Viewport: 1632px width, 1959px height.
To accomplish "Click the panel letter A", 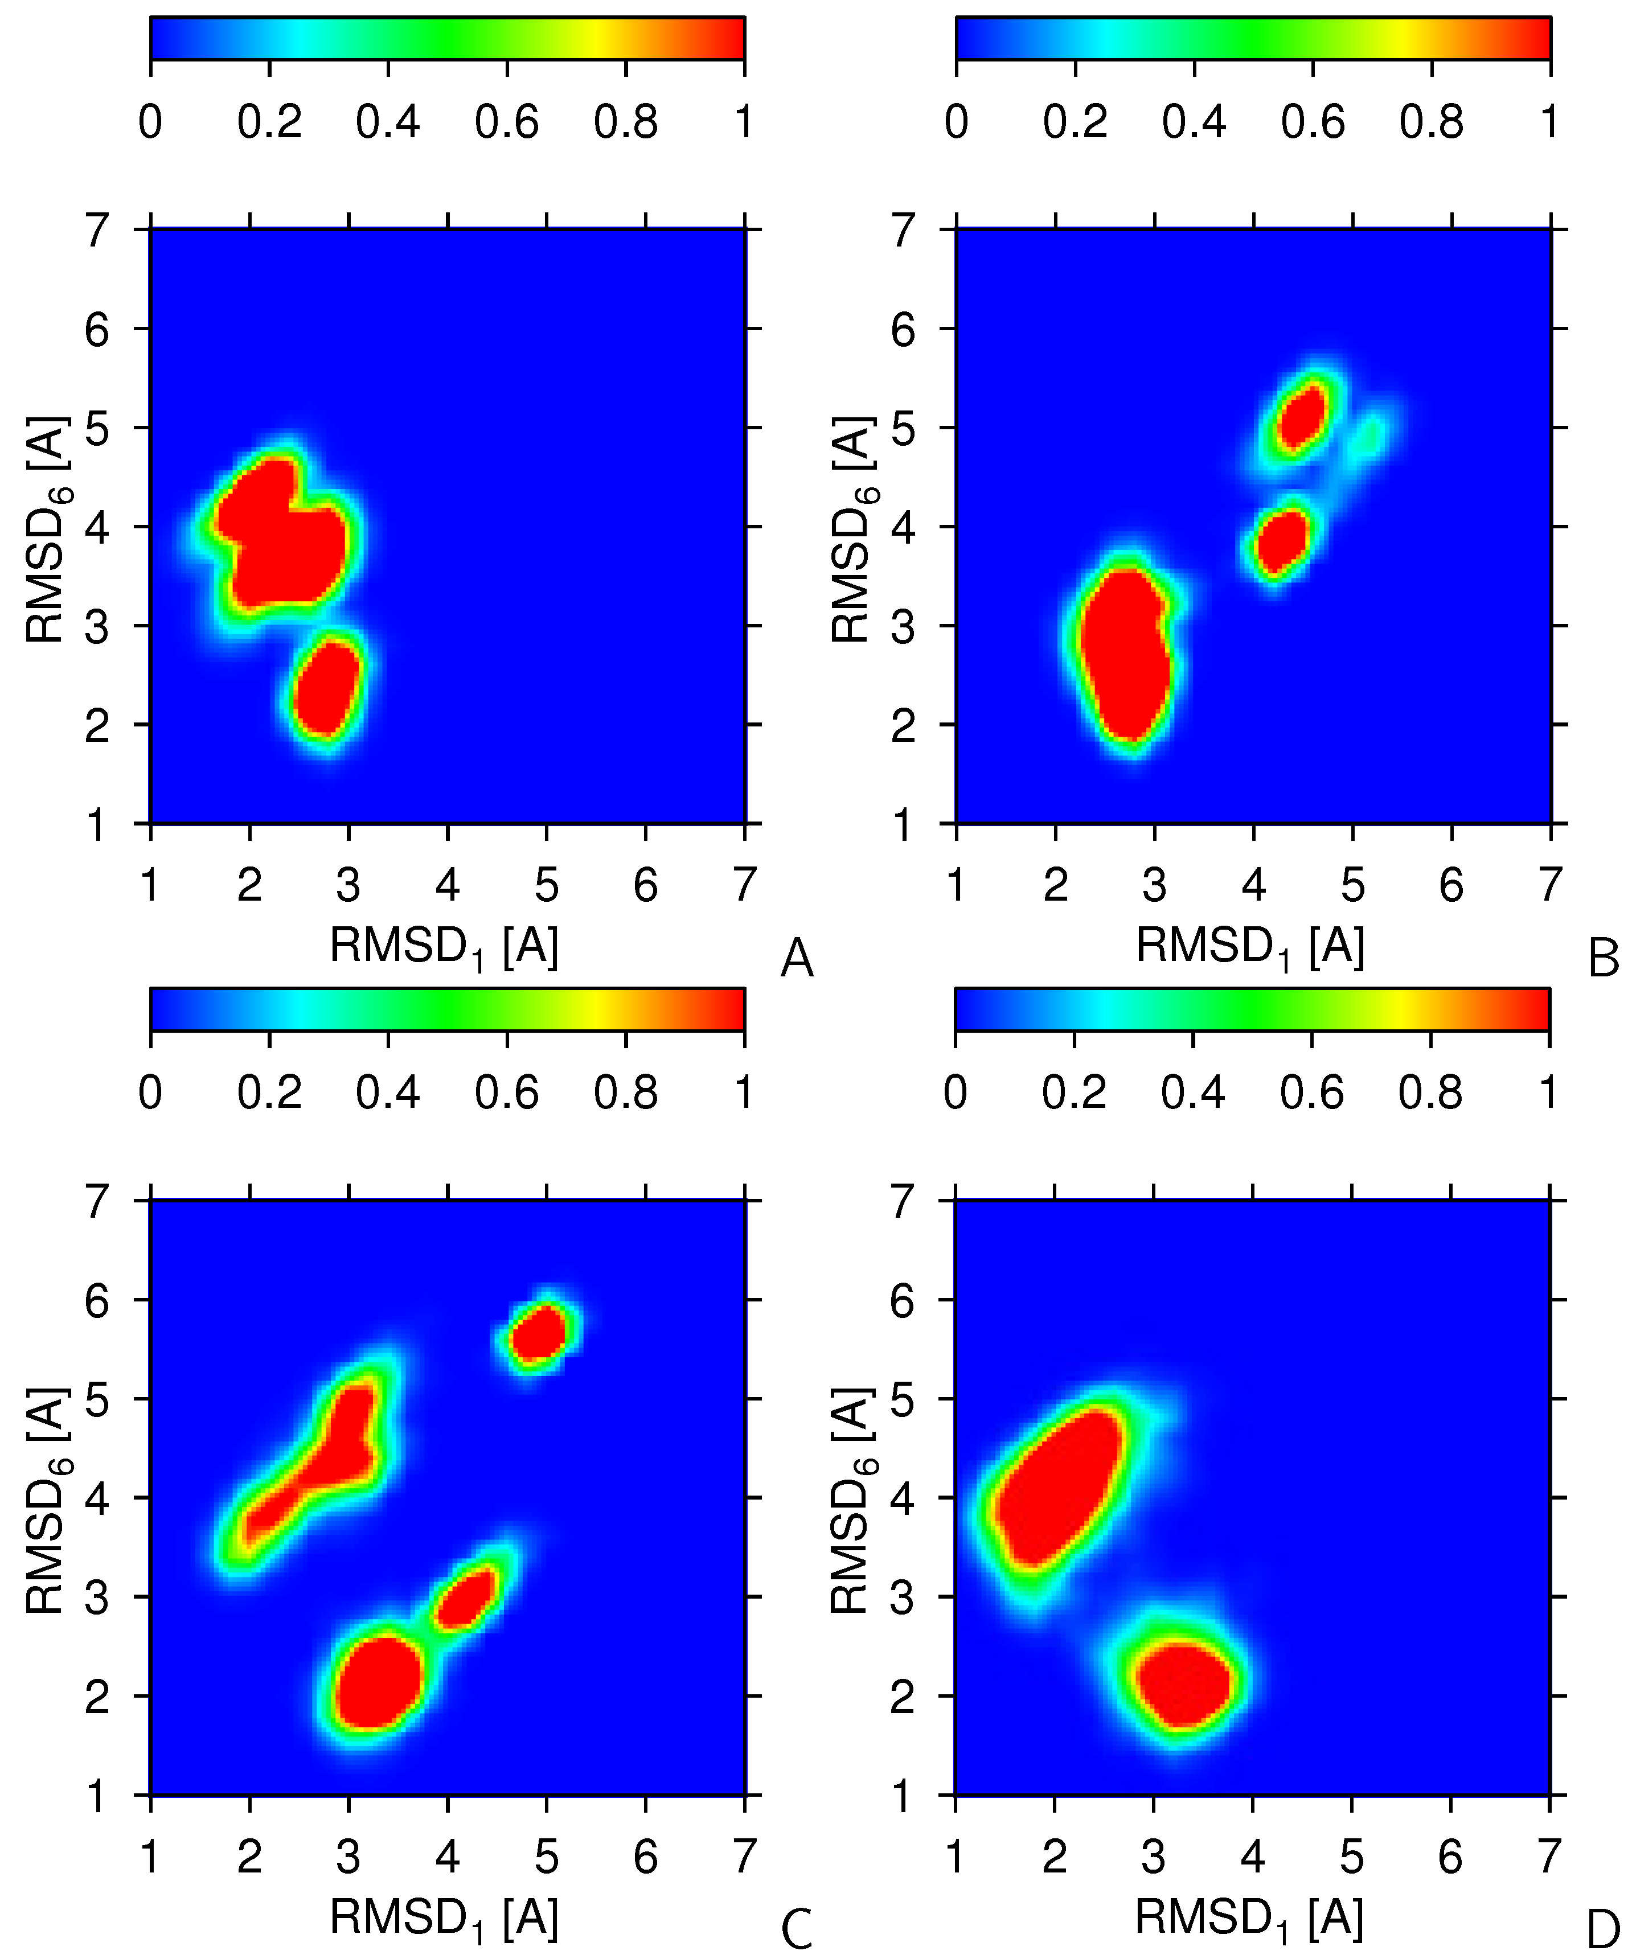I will click(x=796, y=958).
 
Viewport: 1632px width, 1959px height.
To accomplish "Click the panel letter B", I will click(x=1603, y=958).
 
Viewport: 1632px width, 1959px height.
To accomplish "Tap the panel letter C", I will click(x=796, y=1930).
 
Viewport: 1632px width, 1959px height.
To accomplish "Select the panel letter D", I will click(x=1603, y=1930).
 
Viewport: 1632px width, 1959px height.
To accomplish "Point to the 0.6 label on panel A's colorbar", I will click(x=507, y=122).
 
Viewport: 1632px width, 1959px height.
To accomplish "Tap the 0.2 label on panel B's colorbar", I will click(x=1075, y=122).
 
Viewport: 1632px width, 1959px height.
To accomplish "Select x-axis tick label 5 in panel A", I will click(x=546, y=884).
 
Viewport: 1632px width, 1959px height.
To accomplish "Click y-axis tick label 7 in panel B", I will click(x=903, y=229).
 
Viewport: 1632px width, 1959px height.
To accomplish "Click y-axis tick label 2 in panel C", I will click(x=97, y=1698).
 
